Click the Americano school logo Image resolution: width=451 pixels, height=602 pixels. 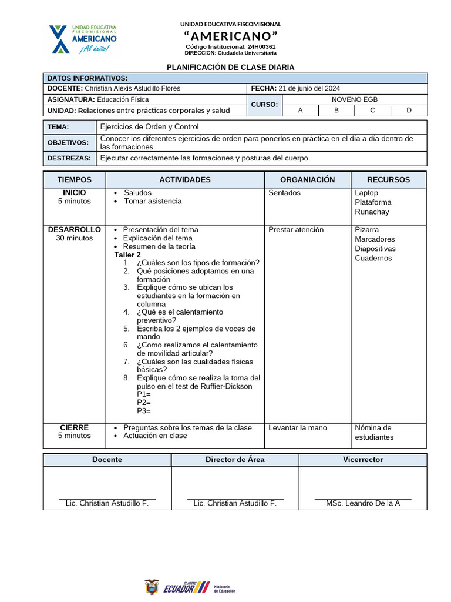point(83,39)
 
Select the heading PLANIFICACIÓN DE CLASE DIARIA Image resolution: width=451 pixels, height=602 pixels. point(231,68)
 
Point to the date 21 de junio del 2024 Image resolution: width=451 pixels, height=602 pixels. point(309,88)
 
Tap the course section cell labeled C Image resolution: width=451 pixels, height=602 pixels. point(372,110)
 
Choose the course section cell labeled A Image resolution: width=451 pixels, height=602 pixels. point(301,110)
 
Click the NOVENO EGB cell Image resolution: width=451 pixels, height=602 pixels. point(355,99)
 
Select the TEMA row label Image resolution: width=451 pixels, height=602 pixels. point(58,127)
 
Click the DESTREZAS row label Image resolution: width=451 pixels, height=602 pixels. point(69,158)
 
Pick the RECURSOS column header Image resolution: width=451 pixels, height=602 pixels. point(388,180)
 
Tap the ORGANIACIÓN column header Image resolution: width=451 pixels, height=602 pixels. point(307,180)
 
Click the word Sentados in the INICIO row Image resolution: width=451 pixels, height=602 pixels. point(284,193)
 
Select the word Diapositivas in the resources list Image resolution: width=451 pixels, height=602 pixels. point(375,249)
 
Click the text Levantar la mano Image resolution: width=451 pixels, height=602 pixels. point(298,428)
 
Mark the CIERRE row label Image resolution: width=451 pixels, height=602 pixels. point(74,427)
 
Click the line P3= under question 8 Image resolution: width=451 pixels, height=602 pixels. point(144,411)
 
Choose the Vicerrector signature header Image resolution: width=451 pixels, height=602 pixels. point(362,460)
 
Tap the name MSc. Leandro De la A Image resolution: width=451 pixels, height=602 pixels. point(362,503)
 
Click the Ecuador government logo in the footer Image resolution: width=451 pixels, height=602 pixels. point(189,586)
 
